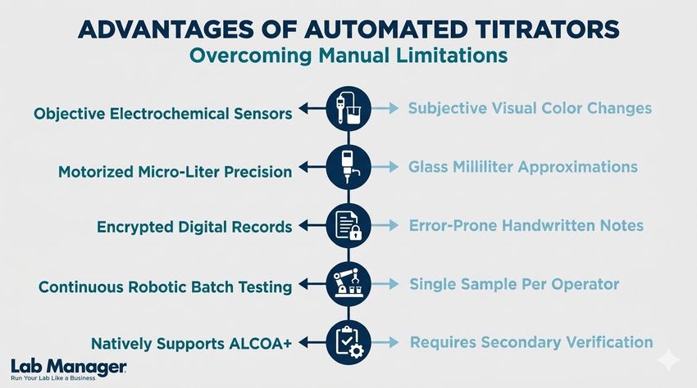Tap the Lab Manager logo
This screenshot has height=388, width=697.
pyautogui.click(x=69, y=368)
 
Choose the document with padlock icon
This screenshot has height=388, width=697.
pyautogui.click(x=348, y=224)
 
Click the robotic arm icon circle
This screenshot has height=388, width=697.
pyautogui.click(x=348, y=283)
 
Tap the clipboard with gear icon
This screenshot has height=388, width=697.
pyautogui.click(x=348, y=341)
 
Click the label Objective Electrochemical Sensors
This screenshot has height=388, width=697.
pyautogui.click(x=162, y=114)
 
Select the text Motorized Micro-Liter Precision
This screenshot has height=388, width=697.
pyautogui.click(x=175, y=172)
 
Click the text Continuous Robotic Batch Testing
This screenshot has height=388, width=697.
pyautogui.click(x=165, y=287)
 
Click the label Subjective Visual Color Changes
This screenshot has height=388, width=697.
pyautogui.click(x=530, y=108)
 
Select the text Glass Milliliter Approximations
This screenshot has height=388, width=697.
pyautogui.click(x=522, y=166)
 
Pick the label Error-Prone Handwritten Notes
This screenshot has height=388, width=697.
pyautogui.click(x=526, y=224)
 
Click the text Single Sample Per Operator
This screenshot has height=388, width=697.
pyautogui.click(x=514, y=284)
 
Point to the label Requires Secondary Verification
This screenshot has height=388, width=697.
pyautogui.click(x=531, y=342)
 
